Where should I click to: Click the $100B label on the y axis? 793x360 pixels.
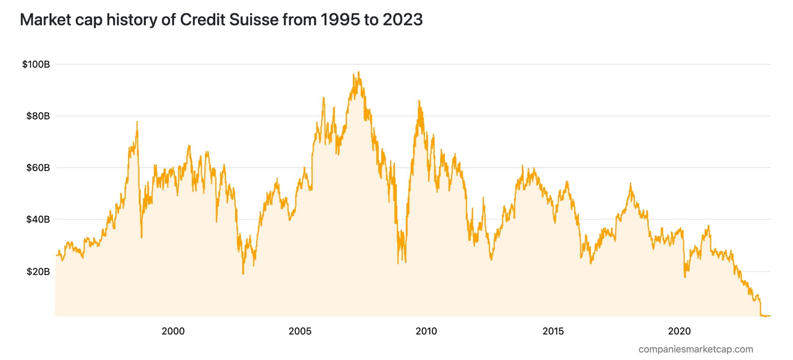pos(36,64)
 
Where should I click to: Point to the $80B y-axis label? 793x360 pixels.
pos(38,116)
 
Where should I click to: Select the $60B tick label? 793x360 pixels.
pos(38,168)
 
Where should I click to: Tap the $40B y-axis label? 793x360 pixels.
pos(38,219)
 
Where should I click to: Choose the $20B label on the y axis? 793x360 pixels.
pos(38,272)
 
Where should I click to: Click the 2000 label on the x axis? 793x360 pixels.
pos(173,331)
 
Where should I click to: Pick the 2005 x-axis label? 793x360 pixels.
pos(300,331)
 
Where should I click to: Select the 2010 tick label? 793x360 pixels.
pos(426,331)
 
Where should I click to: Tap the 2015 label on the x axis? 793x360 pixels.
pos(553,331)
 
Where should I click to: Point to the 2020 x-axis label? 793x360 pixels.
pos(679,331)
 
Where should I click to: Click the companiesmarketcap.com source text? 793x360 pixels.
pos(695,349)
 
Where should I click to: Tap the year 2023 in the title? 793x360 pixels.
pos(402,19)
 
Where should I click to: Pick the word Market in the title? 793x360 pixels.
pos(45,19)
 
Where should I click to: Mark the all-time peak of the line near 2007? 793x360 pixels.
pos(358,72)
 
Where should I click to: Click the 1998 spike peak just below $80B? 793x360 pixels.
pos(137,122)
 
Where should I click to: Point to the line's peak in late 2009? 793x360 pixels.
pos(419,101)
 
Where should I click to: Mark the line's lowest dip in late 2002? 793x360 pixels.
pos(243,274)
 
